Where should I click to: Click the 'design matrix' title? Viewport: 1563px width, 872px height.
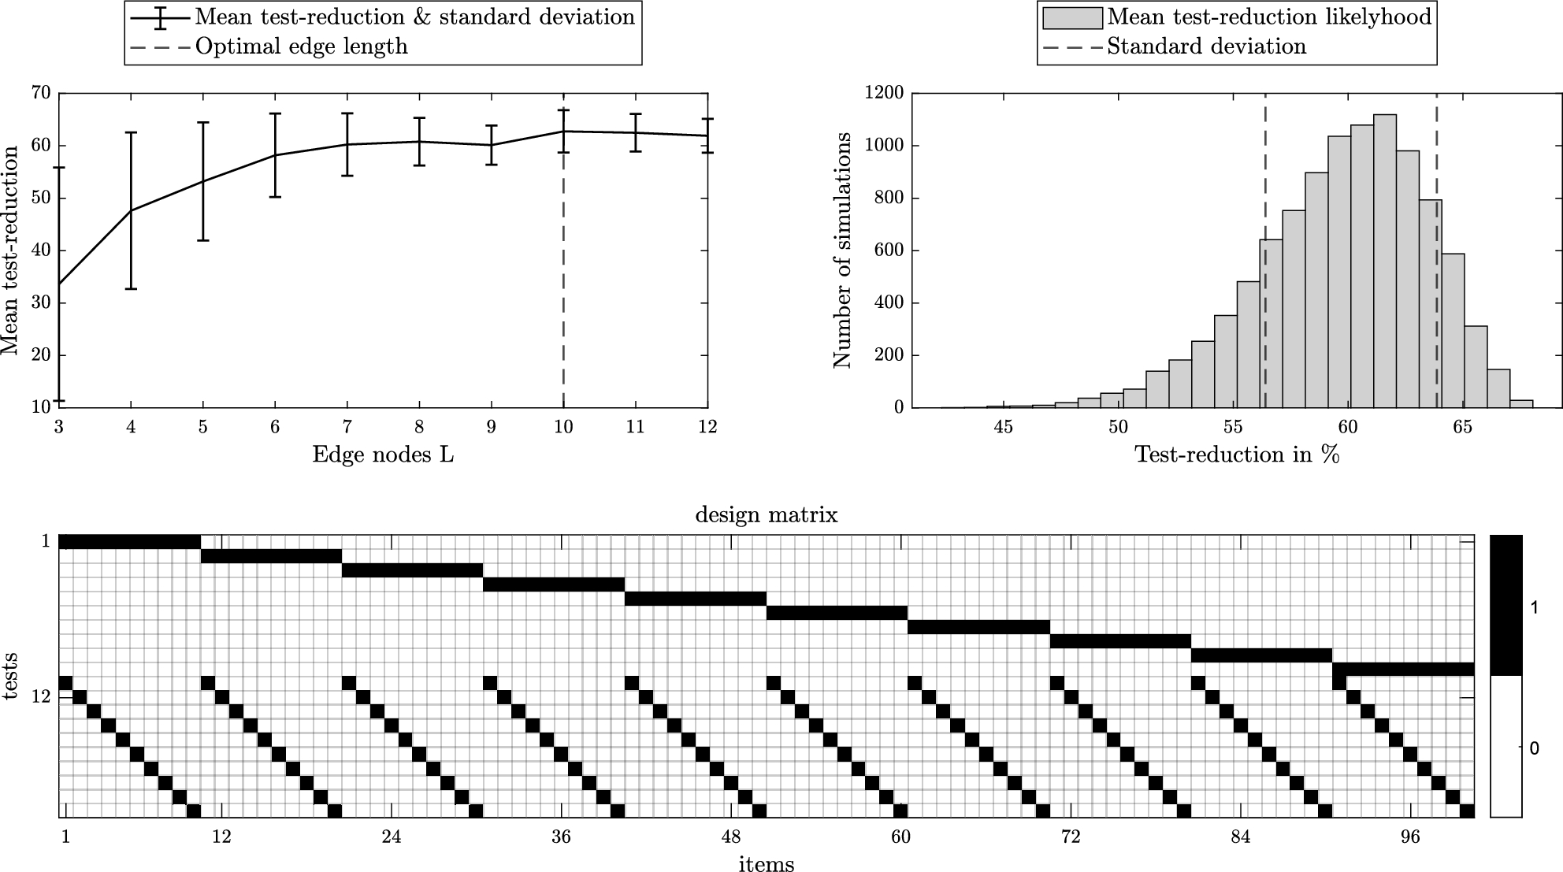pos(766,516)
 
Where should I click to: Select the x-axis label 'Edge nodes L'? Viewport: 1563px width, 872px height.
pos(383,455)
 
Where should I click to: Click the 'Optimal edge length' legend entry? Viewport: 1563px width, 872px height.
pos(301,47)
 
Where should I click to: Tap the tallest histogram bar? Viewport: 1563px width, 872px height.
pos(1385,261)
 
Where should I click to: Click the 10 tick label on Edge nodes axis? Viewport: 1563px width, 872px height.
pos(562,428)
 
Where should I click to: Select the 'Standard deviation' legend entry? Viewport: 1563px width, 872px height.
pos(1206,47)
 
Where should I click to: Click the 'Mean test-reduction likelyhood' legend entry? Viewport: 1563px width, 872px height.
pos(1268,17)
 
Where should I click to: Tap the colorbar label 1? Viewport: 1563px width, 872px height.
pos(1534,607)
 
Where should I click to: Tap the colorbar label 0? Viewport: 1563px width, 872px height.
pos(1534,748)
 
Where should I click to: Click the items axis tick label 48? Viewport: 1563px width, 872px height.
pos(731,837)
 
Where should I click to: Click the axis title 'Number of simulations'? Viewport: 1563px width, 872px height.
pos(843,250)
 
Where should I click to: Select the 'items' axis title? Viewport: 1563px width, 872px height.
pos(766,864)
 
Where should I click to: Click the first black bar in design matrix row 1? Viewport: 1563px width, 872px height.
pos(129,541)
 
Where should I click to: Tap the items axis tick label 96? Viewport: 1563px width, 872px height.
pos(1410,837)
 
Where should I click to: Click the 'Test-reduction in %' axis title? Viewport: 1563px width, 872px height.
pos(1237,455)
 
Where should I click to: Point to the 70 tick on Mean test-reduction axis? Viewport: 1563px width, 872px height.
pos(41,93)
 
